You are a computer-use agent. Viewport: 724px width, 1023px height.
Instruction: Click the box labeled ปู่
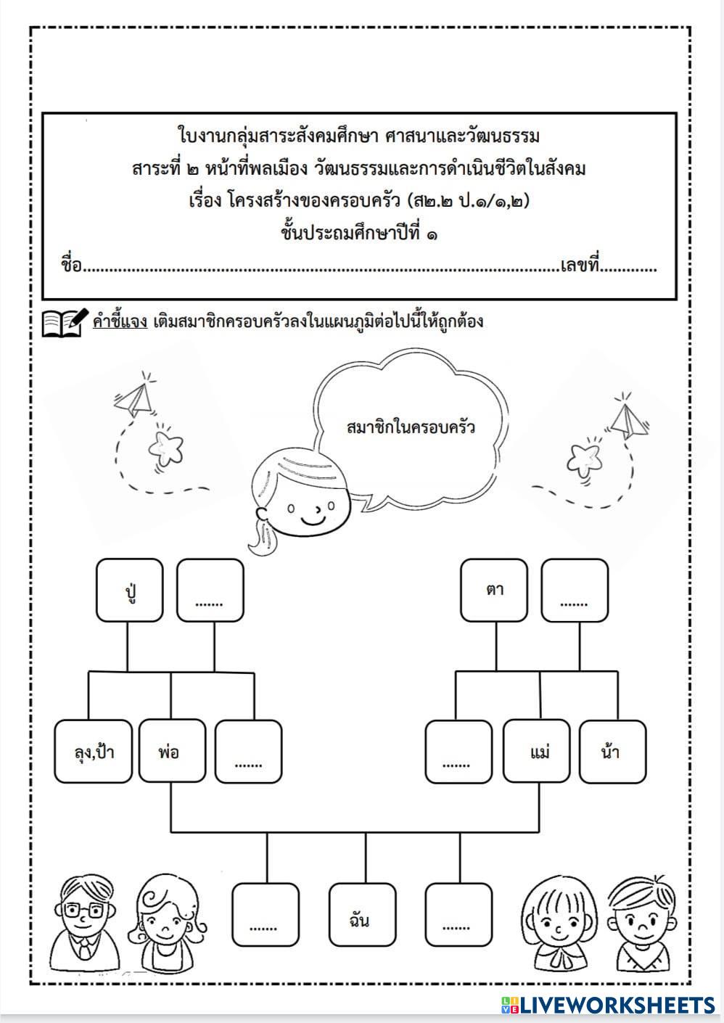[130, 591]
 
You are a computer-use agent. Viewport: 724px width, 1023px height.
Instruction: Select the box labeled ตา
[495, 591]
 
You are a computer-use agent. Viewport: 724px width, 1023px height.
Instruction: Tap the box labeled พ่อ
[171, 751]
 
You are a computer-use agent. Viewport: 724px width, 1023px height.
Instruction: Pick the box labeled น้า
[612, 751]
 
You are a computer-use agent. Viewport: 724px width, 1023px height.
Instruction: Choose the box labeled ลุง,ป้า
[94, 751]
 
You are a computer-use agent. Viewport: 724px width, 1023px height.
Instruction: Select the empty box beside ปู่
[210, 591]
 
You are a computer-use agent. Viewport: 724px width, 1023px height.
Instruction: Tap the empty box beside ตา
[575, 591]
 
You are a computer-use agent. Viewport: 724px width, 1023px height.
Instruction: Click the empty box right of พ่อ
[248, 751]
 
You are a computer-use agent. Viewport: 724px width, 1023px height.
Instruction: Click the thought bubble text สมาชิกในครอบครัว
[411, 427]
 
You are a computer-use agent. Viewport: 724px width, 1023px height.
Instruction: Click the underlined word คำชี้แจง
[120, 321]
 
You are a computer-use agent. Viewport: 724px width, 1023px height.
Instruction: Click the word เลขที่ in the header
[581, 266]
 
